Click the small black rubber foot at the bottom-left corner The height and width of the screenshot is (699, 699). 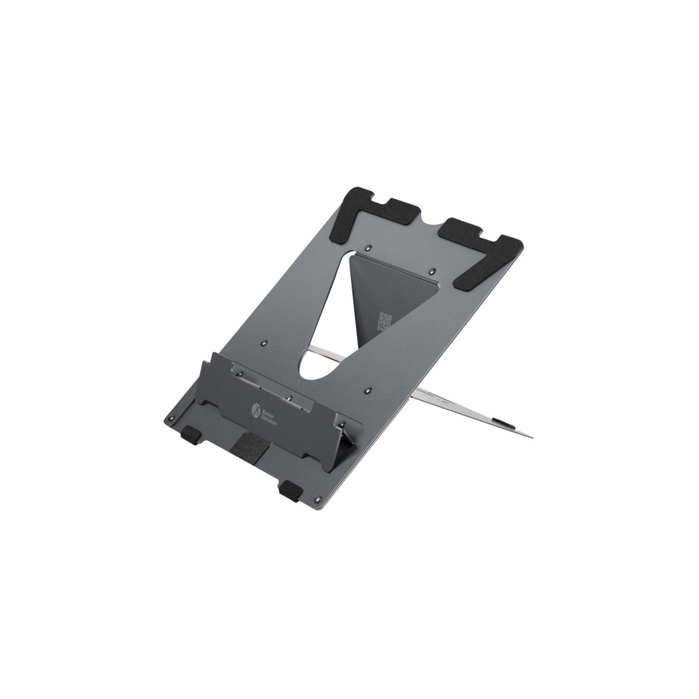pos(191,435)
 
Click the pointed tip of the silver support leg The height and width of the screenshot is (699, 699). pos(530,437)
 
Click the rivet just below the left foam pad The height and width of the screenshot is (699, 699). pos(369,245)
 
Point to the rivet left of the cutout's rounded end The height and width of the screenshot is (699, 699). pos(264,340)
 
